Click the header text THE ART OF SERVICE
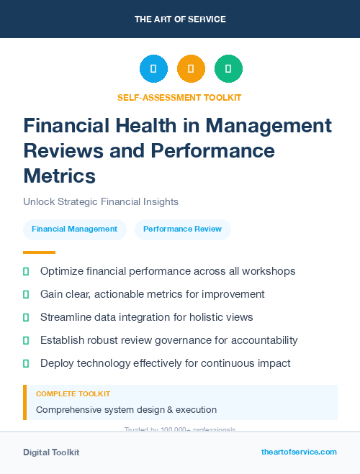180,19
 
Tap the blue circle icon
153,69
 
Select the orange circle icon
191,69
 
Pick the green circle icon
228,69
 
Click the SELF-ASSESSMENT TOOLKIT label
179,97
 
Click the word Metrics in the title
59,175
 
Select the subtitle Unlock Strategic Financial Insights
101,202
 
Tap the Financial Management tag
75,229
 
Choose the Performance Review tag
183,229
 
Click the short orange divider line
39,252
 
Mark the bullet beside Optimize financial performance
26,272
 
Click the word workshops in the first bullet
269,272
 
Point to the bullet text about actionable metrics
153,294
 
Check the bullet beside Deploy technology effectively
26,363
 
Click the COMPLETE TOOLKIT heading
73,394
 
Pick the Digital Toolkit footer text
51,452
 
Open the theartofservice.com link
299,452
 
